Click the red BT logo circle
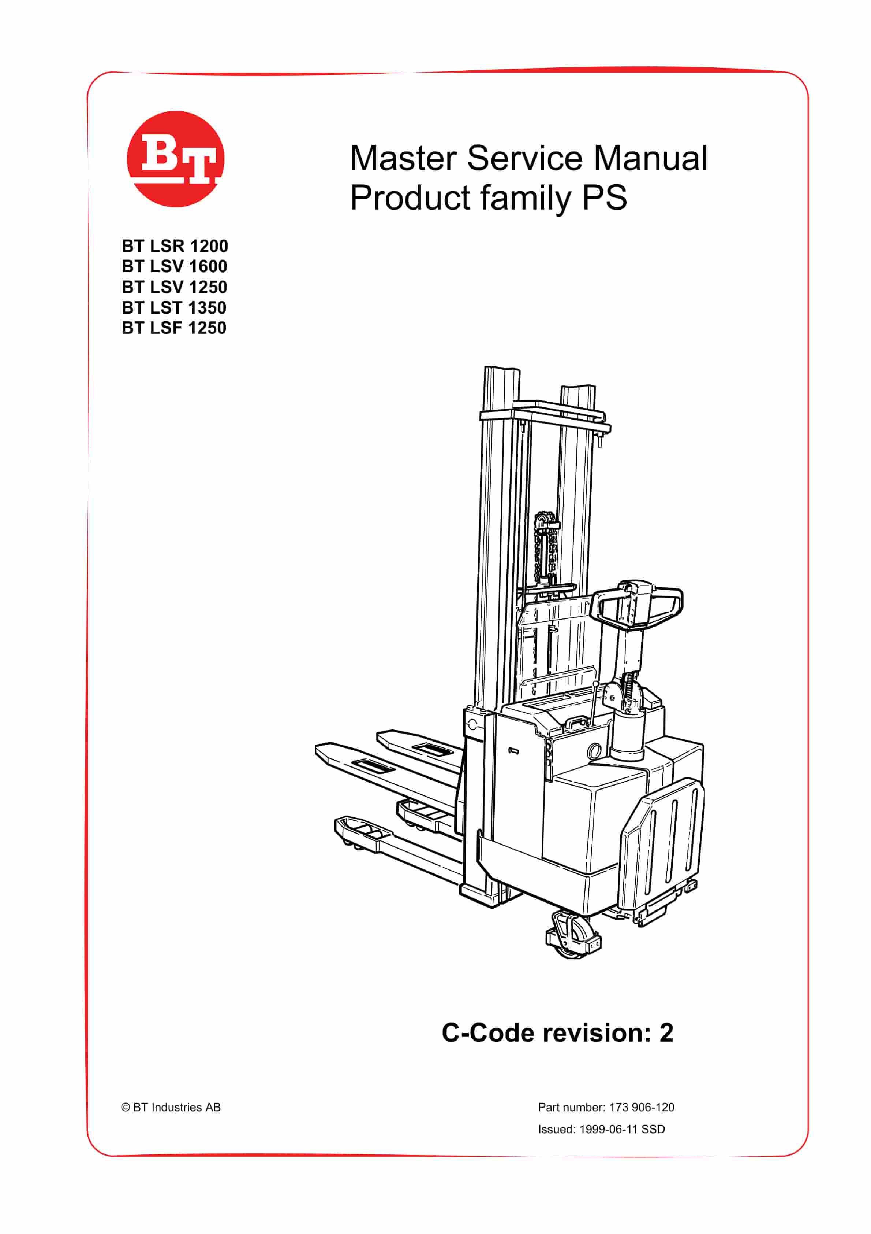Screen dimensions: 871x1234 (176, 159)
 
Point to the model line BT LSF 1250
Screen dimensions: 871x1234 (174, 328)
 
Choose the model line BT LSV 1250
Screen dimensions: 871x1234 (175, 287)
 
